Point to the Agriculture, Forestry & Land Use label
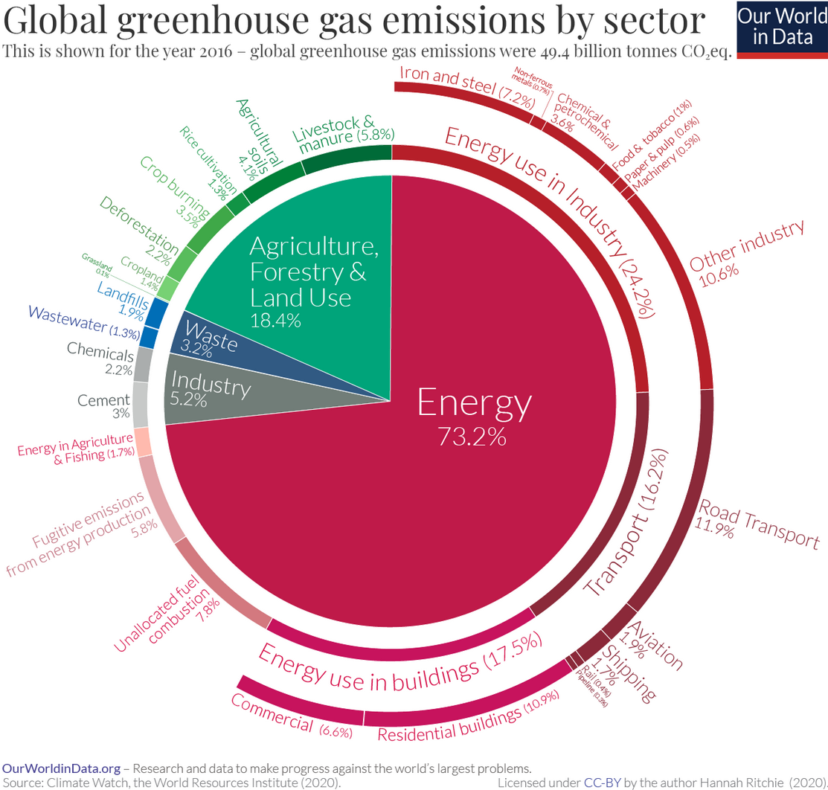[x=307, y=272]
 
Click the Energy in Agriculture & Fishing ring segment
[x=143, y=442]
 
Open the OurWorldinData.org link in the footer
[x=61, y=768]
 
